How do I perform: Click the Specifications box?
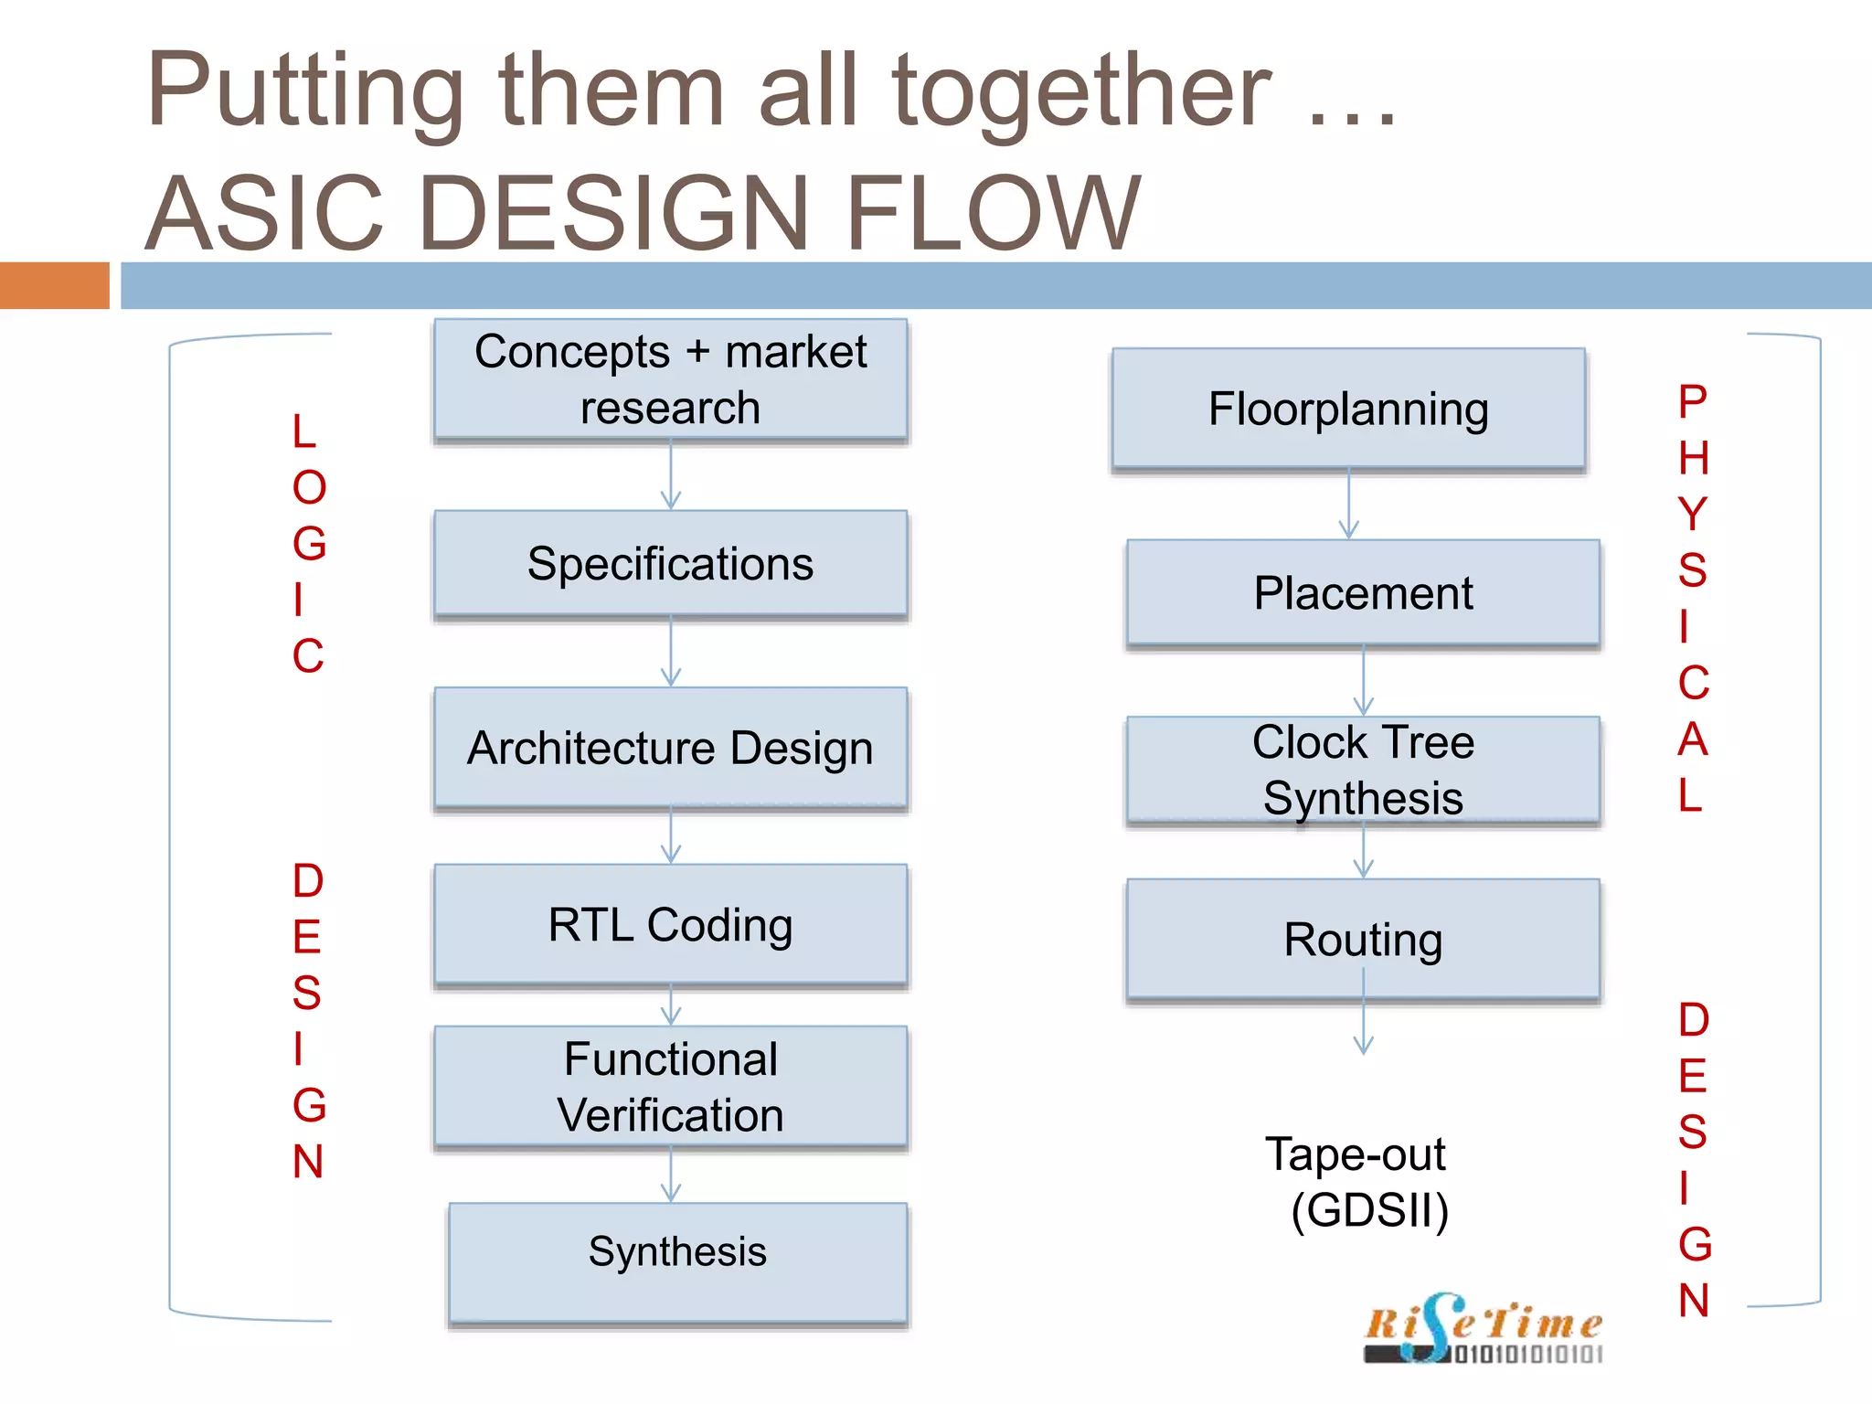pos(671,563)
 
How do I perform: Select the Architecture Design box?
pos(671,748)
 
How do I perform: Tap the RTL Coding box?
pos(671,924)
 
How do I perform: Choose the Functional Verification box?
pos(671,1086)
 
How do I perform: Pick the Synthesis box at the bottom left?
pos(677,1261)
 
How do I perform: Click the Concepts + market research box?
pos(671,378)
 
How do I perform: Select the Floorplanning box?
pos(1348,409)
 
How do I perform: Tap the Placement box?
pos(1363,592)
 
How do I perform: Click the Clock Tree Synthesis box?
pos(1363,770)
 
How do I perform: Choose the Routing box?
pos(1363,939)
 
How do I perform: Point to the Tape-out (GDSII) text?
pos(1362,1182)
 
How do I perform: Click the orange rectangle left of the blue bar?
pos(54,285)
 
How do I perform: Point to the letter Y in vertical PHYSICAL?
pos(1693,514)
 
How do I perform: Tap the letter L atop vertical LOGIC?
pos(304,431)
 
